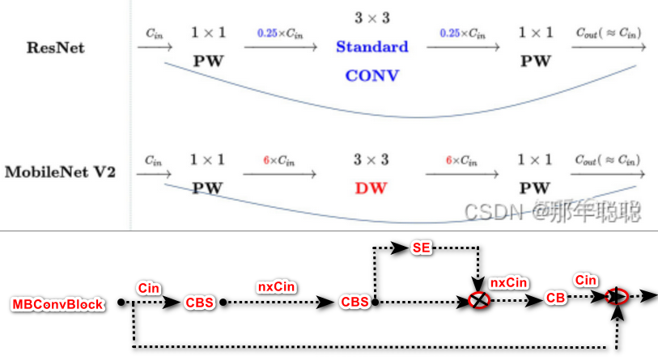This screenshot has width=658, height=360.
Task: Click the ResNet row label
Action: (57, 48)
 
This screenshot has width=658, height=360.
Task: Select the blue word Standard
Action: (372, 47)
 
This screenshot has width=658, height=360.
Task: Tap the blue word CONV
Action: (372, 75)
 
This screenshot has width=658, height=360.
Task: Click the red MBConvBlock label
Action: (57, 304)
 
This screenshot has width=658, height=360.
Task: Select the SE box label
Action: (422, 248)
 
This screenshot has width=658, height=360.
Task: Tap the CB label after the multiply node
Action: (556, 298)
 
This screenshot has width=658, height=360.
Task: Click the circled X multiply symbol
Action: (479, 300)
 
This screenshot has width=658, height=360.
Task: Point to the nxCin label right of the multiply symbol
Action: (510, 282)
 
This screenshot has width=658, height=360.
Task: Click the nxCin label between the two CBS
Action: (277, 286)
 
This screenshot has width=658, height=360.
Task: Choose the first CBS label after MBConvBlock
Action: (200, 302)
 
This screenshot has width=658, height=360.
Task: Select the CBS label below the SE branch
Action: (354, 302)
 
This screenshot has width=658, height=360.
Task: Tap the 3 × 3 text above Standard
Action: (371, 17)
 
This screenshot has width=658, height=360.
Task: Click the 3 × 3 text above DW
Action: (371, 159)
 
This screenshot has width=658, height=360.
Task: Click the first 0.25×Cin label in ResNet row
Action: (281, 33)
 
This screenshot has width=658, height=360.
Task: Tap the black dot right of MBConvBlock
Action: (121, 303)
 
